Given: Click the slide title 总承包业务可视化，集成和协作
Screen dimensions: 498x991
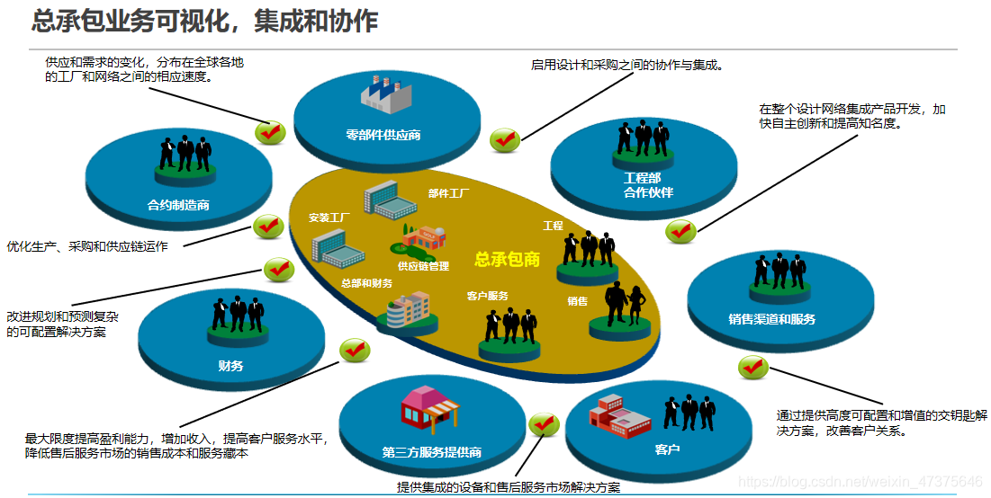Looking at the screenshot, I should pos(204,21).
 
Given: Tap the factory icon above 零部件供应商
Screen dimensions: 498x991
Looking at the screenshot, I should pos(381,93).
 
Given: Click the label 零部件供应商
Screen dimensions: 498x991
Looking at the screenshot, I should pos(383,136).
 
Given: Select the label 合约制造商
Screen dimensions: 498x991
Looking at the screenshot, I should pos(178,205).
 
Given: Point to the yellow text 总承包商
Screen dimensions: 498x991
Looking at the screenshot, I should pos(508,260).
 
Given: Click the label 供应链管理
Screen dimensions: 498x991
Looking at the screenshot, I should pos(423,266).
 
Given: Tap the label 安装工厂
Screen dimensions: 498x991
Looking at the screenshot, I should pos(329,218).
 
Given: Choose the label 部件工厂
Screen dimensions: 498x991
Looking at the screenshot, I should pos(448,193).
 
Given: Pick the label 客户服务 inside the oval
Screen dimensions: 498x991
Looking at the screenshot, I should pos(488,296).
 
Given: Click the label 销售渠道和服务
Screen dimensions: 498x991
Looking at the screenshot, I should pos(772,319).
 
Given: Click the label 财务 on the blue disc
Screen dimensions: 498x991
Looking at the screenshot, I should pos(230,366).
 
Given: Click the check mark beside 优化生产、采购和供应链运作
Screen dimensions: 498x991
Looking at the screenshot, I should pos(268,227).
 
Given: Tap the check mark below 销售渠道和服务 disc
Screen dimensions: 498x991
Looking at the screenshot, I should pos(752,367).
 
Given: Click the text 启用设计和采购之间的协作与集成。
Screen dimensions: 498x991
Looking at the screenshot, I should pos(627,65).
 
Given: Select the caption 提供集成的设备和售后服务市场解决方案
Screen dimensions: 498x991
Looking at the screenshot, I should pos(509,487).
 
